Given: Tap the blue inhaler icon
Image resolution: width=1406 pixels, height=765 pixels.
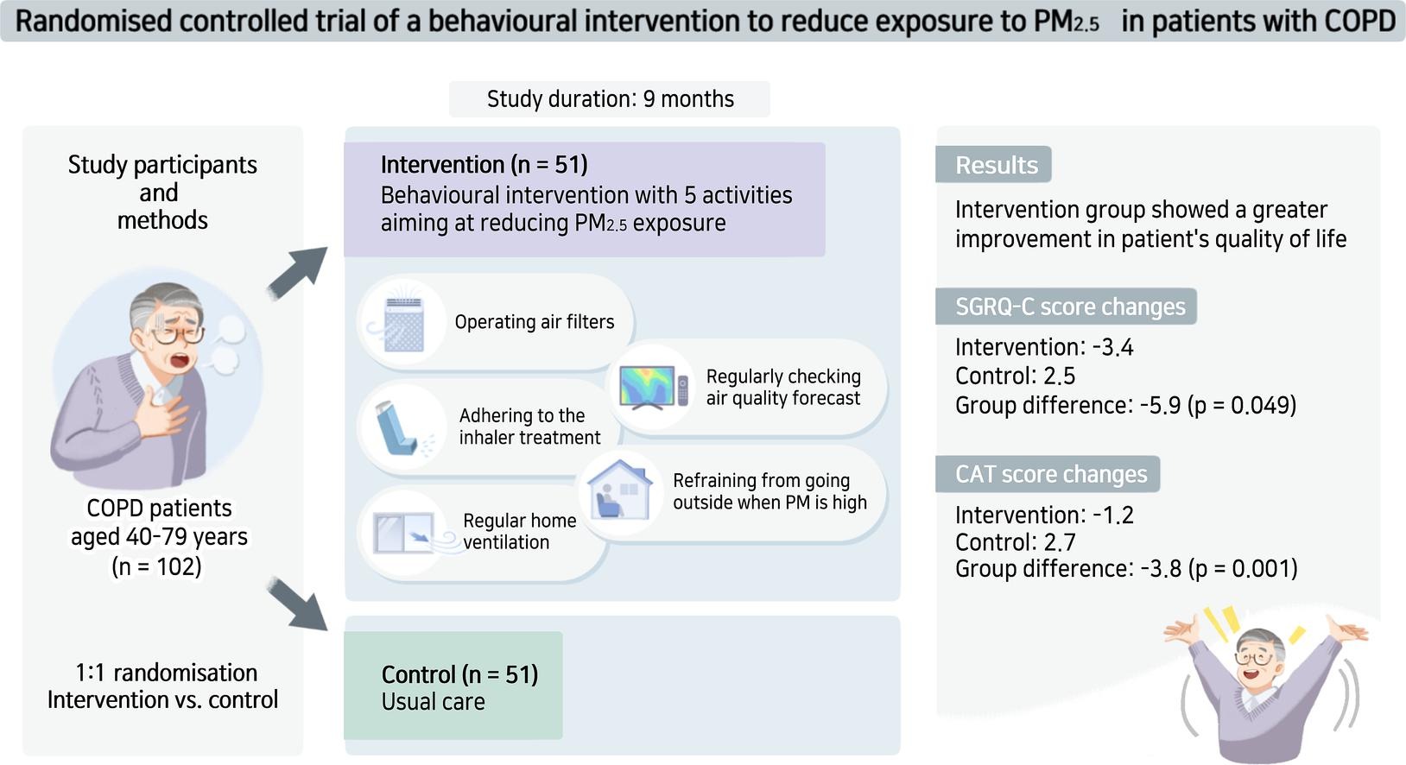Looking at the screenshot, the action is tap(399, 428).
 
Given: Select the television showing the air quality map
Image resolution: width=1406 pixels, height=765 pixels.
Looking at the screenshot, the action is tap(653, 387).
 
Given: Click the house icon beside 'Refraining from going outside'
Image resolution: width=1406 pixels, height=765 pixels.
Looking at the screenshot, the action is tap(620, 490).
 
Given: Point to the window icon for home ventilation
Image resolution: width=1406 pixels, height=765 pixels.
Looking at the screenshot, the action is tap(411, 534).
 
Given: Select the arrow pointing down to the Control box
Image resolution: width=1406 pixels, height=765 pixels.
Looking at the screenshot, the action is tap(297, 604).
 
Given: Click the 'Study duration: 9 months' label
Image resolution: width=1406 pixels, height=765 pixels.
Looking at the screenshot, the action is tap(610, 99).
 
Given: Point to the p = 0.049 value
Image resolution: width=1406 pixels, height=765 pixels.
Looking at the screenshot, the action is tap(1242, 406).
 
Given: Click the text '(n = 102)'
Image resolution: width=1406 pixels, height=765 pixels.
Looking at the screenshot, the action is tap(157, 566).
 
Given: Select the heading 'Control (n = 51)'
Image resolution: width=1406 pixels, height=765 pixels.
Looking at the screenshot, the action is tap(459, 674).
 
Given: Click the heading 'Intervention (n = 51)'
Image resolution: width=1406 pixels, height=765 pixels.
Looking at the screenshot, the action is tap(484, 164).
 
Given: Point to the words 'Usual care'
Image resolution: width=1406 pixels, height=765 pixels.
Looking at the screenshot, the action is tap(433, 702).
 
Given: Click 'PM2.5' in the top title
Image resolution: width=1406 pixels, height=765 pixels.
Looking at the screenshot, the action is tap(1067, 22).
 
